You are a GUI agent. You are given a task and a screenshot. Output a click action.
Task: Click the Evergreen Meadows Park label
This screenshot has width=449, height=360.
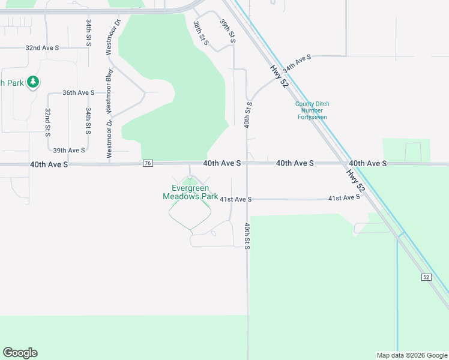tap(190, 192)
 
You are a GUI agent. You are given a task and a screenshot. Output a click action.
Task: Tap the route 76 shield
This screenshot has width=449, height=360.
tap(148, 163)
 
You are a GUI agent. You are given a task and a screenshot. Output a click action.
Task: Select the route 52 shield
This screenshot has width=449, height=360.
tap(426, 277)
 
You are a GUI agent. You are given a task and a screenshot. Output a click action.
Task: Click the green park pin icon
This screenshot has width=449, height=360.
tap(34, 82)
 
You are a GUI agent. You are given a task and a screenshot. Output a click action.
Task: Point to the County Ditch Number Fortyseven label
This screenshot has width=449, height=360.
tap(312, 110)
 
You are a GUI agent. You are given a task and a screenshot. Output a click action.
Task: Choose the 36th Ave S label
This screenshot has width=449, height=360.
tap(79, 92)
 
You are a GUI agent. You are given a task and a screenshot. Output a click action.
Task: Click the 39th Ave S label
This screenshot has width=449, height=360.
tap(69, 151)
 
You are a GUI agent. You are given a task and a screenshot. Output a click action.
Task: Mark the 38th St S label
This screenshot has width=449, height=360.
tap(200, 33)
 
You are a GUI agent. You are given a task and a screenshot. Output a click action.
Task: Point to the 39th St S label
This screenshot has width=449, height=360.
tap(227, 31)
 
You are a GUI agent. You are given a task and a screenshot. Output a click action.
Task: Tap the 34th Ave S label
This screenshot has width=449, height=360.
tap(297, 62)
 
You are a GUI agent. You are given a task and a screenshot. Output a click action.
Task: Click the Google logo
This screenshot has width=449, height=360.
tap(20, 353)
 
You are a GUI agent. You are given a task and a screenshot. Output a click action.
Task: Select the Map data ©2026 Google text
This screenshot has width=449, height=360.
tap(412, 355)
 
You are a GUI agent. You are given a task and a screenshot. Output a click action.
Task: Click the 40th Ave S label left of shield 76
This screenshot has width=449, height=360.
tap(49, 164)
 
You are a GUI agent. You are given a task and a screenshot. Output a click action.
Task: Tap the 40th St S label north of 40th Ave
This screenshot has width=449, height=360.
tap(247, 115)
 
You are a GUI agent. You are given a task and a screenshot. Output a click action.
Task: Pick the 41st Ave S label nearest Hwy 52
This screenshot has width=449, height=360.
tap(344, 197)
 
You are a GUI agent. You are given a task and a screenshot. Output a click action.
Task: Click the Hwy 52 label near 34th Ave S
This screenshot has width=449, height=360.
tap(279, 77)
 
